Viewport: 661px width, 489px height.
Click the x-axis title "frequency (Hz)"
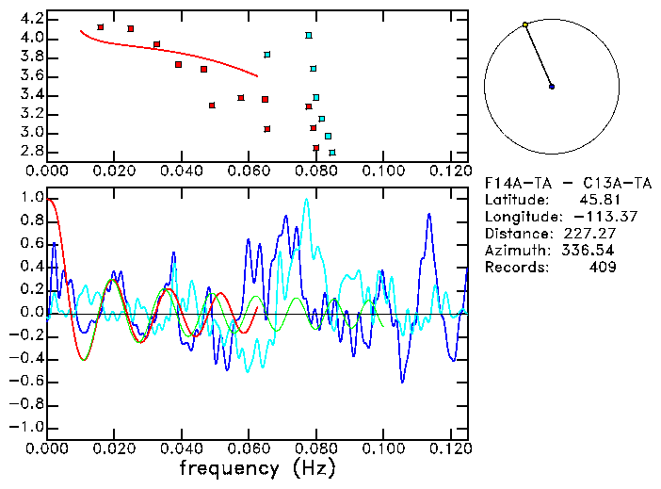point(257,467)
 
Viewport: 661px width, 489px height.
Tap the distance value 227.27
point(593,234)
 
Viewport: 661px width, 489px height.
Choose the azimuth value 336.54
point(593,251)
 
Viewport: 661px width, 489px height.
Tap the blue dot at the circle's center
point(552,87)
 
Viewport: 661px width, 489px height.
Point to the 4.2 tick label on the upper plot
point(31,19)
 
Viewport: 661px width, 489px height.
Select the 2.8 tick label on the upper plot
point(31,151)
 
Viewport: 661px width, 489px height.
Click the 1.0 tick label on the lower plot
point(31,199)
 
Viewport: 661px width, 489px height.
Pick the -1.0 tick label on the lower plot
point(28,427)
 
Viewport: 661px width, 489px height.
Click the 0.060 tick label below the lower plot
point(249,448)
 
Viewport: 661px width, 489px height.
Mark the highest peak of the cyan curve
point(306,200)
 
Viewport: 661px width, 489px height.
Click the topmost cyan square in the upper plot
point(309,36)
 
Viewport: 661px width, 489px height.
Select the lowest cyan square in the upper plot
point(332,152)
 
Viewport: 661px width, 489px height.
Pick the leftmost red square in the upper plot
point(101,27)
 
